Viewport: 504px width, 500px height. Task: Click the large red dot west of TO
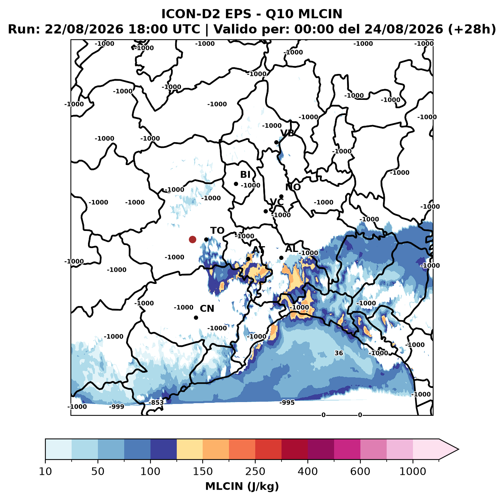click(x=192, y=239)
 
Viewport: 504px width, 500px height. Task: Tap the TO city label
click(x=218, y=231)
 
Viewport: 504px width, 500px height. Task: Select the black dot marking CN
click(x=196, y=317)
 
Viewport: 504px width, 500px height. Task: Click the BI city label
click(x=245, y=175)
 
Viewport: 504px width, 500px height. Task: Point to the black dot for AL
click(x=281, y=258)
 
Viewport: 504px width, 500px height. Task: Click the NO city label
click(x=293, y=187)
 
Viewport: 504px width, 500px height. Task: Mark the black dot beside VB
click(x=276, y=142)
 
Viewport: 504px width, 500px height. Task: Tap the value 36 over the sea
click(x=339, y=353)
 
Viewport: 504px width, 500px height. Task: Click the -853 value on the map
click(x=156, y=403)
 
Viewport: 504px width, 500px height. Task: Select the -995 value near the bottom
click(x=287, y=403)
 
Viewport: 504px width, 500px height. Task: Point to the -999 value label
click(x=117, y=407)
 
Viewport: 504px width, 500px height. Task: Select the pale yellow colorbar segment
click(x=190, y=449)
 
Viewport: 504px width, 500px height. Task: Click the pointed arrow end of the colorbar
click(x=458, y=449)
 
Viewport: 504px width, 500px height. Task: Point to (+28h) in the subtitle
click(x=472, y=29)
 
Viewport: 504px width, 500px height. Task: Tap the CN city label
click(x=207, y=309)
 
